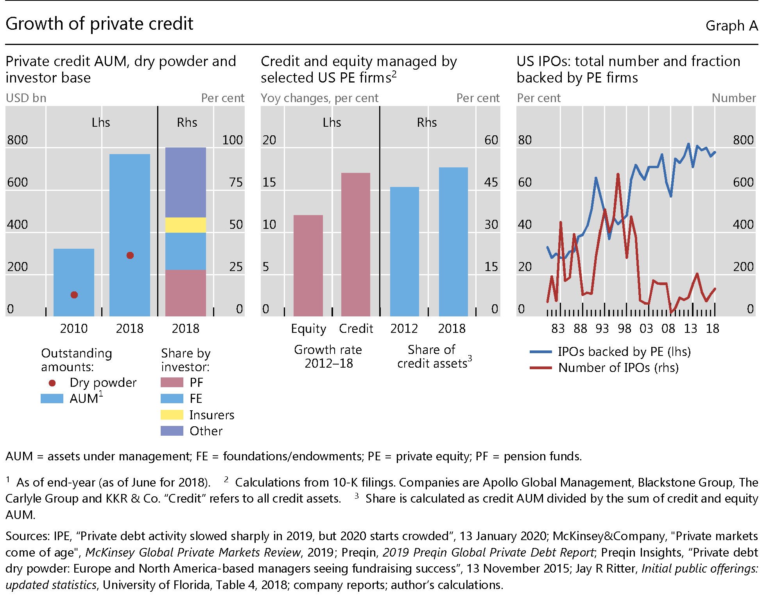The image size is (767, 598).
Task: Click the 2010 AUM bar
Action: click(x=73, y=282)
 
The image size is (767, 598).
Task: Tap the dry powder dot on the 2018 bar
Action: click(x=130, y=255)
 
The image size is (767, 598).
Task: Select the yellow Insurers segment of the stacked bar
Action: click(x=185, y=225)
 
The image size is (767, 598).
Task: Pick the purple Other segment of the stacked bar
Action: click(x=185, y=182)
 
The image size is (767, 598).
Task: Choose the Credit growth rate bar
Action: click(x=356, y=244)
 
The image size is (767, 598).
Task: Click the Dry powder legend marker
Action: click(x=52, y=383)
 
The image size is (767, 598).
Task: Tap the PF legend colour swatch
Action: click(x=172, y=383)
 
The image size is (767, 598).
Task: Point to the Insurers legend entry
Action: click(x=211, y=415)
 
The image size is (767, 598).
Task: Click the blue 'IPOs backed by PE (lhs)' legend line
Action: click(x=541, y=352)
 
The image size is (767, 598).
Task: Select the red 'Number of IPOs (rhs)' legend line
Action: click(x=541, y=368)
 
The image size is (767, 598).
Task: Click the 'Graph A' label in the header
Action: click(x=731, y=26)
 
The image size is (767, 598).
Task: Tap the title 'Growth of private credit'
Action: click(x=99, y=24)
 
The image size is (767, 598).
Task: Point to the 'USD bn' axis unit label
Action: click(x=26, y=98)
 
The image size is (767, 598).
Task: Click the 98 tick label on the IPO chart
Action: click(x=624, y=329)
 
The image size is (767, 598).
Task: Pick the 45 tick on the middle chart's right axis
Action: click(x=491, y=182)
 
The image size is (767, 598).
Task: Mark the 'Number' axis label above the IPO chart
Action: click(x=734, y=98)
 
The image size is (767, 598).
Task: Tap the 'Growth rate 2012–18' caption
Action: click(x=328, y=356)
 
